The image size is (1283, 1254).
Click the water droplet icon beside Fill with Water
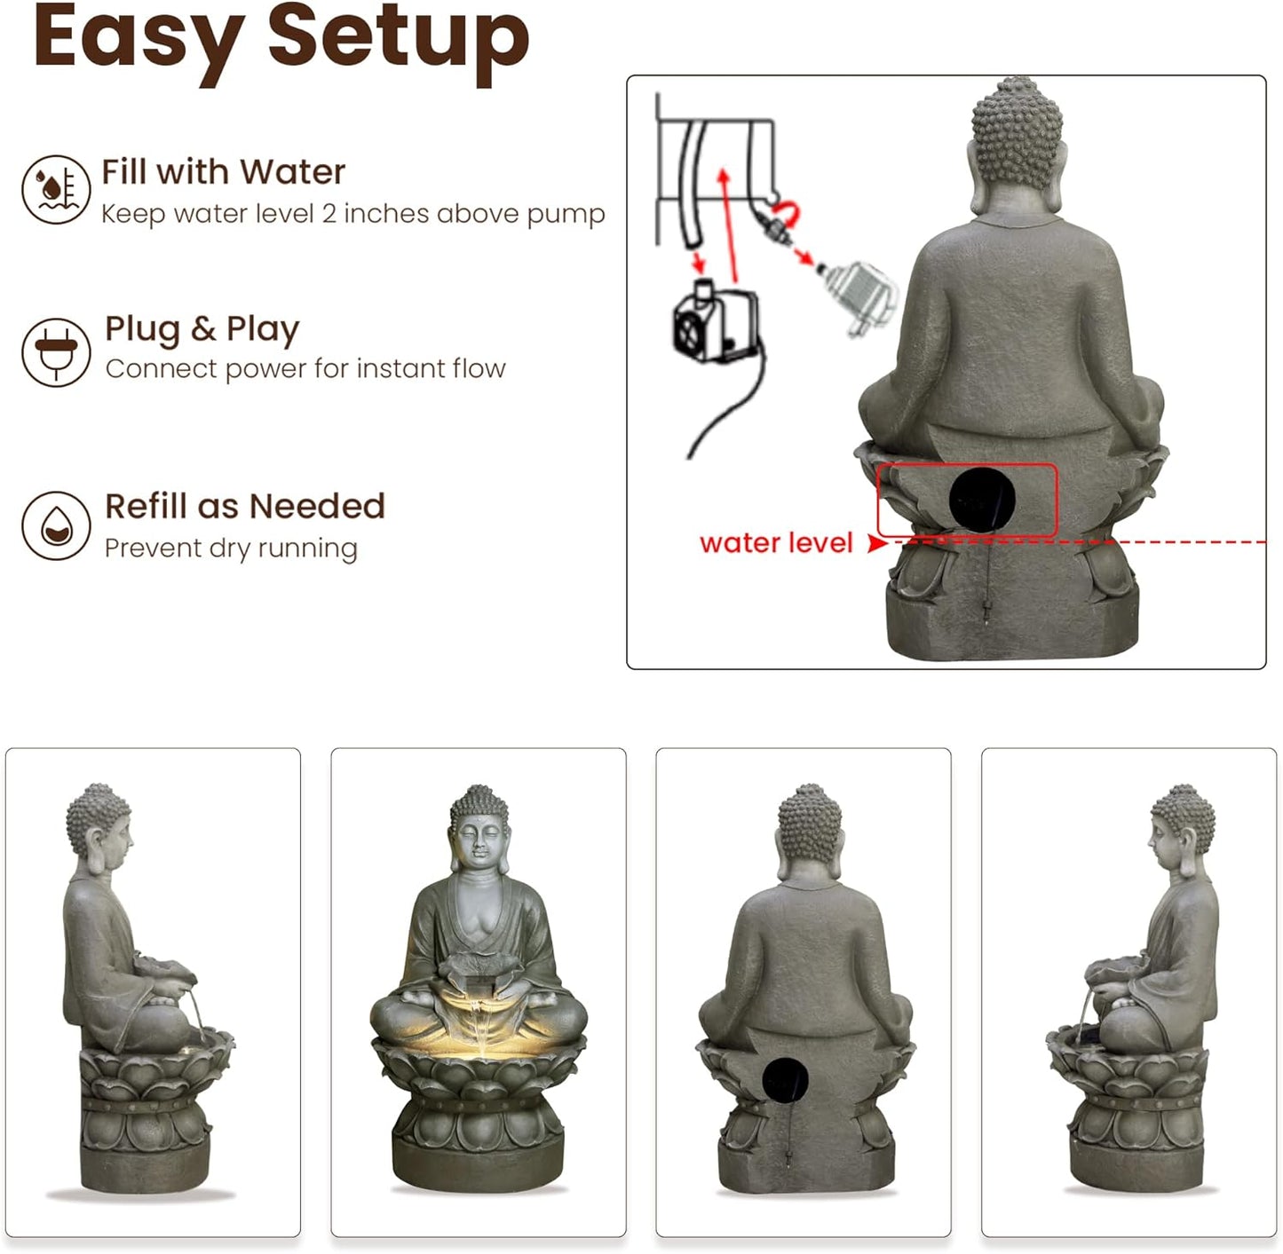pos(56,189)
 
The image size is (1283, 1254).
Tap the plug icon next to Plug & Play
pos(56,351)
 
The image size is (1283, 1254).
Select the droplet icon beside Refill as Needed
pos(56,524)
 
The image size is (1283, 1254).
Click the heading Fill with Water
pos(223,171)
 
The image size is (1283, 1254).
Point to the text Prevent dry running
pos(231,548)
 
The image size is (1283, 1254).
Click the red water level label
pos(775,542)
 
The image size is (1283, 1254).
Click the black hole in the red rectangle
pos(982,500)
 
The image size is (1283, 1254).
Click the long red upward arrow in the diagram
pos(730,222)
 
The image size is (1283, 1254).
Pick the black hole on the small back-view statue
pos(785,1080)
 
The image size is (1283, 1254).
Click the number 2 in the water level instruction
pos(329,214)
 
